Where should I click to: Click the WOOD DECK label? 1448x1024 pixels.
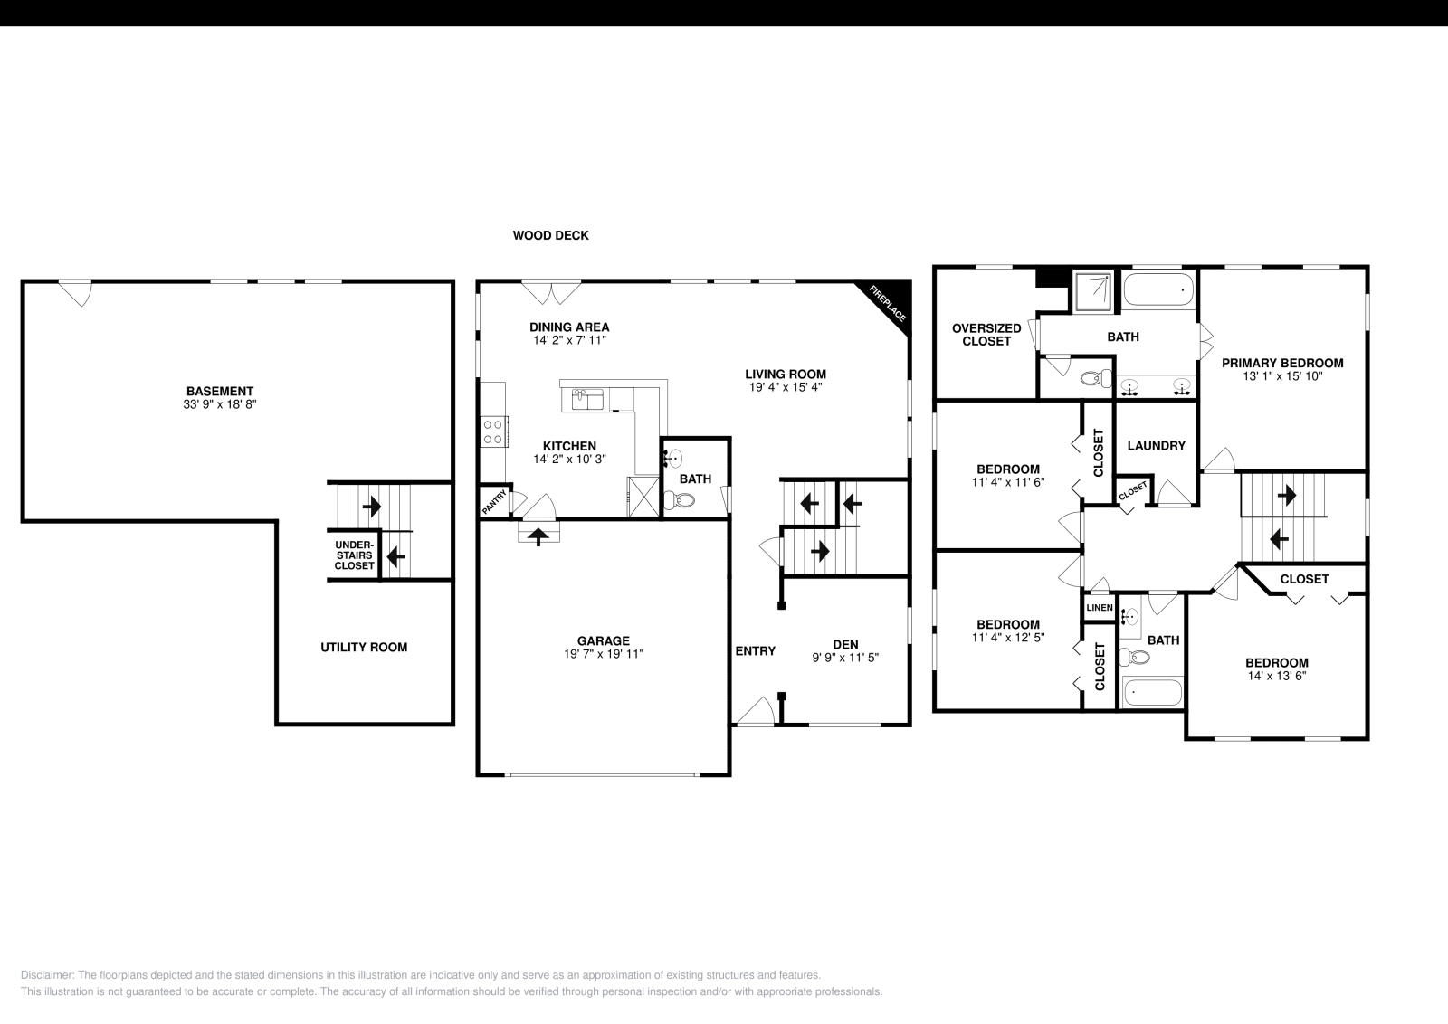(x=550, y=235)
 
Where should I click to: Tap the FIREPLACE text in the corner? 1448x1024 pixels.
(x=888, y=303)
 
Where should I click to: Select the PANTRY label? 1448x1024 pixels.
(x=494, y=503)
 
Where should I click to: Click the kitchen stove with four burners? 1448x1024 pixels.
(x=493, y=431)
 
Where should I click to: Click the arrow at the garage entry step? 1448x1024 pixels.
(x=538, y=536)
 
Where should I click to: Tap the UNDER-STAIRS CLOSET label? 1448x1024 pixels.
(x=354, y=555)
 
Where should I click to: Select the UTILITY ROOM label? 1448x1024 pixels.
(x=364, y=647)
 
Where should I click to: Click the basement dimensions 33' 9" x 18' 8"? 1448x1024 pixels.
(x=220, y=405)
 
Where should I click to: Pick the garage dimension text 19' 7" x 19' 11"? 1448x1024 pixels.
(x=603, y=654)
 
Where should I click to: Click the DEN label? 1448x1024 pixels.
(x=845, y=644)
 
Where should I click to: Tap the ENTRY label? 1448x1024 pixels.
(x=755, y=650)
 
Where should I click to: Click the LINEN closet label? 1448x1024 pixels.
(x=1100, y=608)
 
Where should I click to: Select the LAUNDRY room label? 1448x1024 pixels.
(x=1156, y=445)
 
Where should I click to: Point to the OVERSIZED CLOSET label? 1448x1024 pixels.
(x=986, y=335)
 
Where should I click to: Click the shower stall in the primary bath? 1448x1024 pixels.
(x=1096, y=291)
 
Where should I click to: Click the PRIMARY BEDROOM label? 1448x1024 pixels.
(x=1282, y=363)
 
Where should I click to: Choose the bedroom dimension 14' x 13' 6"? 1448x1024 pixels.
(x=1276, y=676)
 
